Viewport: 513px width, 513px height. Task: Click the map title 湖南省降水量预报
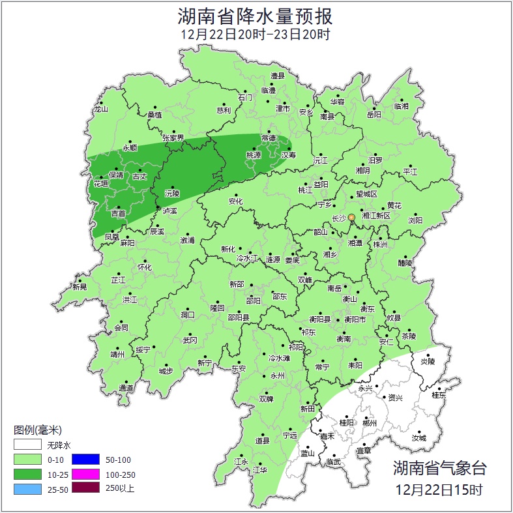[256, 15]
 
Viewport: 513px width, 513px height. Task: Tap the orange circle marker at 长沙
[351, 217]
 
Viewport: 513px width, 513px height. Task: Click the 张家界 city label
[173, 138]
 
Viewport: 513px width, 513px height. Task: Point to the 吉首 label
[119, 214]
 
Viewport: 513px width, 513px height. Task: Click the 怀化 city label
[144, 268]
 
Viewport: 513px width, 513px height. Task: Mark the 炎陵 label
[427, 361]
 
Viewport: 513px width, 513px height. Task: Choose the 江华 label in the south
[260, 469]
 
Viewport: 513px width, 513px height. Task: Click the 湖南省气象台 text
[439, 467]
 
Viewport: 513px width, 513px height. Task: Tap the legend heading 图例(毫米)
[37, 430]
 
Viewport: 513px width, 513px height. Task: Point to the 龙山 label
[100, 110]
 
